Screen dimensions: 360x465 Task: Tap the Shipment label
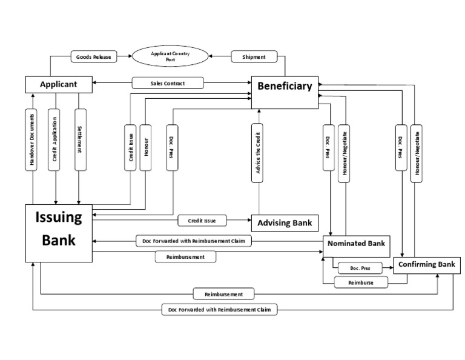click(x=254, y=57)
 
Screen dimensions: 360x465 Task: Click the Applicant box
click(x=59, y=84)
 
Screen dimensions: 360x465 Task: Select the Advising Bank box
click(x=285, y=223)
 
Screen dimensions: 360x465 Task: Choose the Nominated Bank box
click(x=356, y=244)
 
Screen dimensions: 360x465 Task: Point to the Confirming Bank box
click(x=427, y=265)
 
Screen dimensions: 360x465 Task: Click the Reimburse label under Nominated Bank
click(x=361, y=283)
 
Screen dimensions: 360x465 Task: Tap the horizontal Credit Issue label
click(x=203, y=221)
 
